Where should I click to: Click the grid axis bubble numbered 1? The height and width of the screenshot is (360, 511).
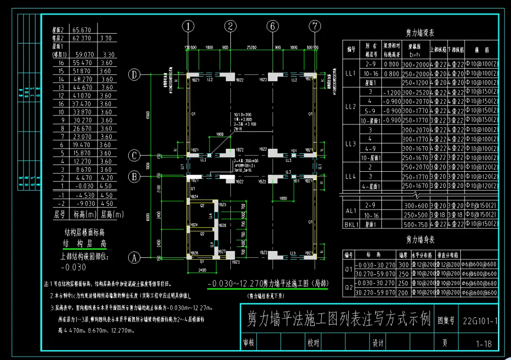pyautogui.click(x=188, y=26)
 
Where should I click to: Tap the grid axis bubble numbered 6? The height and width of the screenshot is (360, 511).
pyautogui.click(x=273, y=26)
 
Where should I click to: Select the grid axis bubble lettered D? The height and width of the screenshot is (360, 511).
pyautogui.click(x=134, y=74)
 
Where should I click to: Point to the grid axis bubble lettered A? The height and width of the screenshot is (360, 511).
pyautogui.click(x=134, y=258)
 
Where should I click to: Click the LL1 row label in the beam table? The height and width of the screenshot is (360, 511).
pyautogui.click(x=351, y=73)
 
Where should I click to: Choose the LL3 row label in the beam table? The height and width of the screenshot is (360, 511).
pyautogui.click(x=351, y=143)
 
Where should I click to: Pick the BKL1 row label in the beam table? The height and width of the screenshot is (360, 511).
pyautogui.click(x=351, y=225)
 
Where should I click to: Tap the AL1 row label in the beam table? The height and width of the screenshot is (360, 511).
pyautogui.click(x=351, y=210)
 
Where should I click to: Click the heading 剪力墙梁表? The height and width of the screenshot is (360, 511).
pyautogui.click(x=420, y=33)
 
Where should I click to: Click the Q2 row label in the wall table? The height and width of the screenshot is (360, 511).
pyautogui.click(x=349, y=288)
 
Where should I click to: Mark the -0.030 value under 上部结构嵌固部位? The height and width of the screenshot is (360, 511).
pyautogui.click(x=73, y=267)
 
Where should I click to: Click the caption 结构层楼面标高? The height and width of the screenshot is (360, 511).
pyautogui.click(x=85, y=232)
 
